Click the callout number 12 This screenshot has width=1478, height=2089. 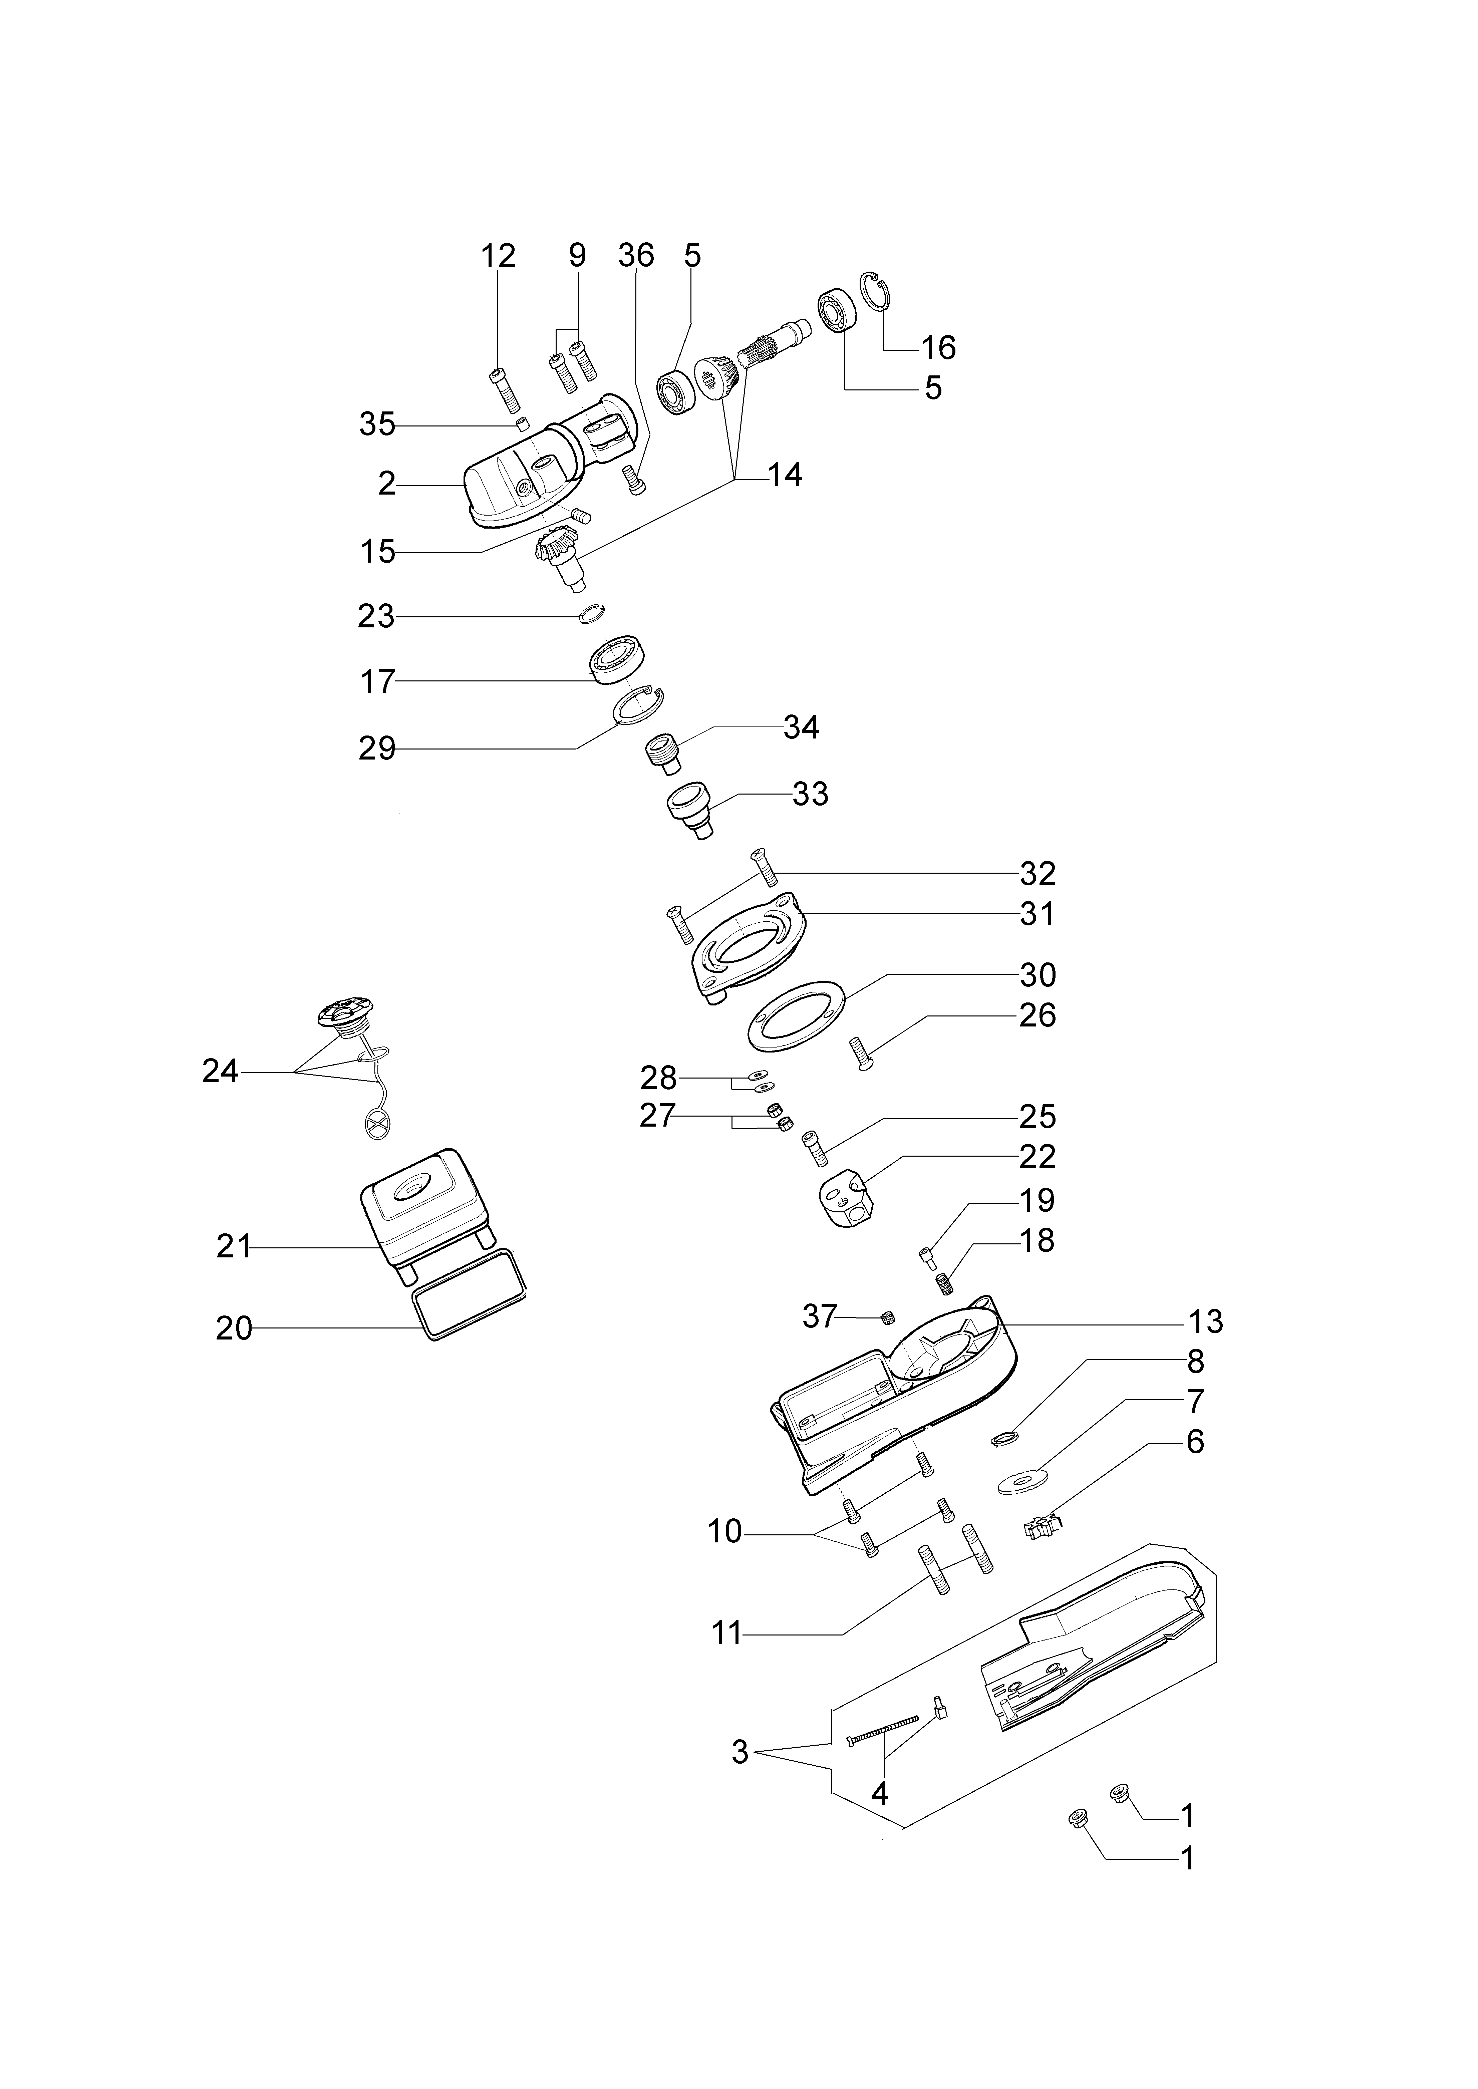click(498, 256)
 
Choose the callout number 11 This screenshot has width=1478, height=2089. click(726, 1634)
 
